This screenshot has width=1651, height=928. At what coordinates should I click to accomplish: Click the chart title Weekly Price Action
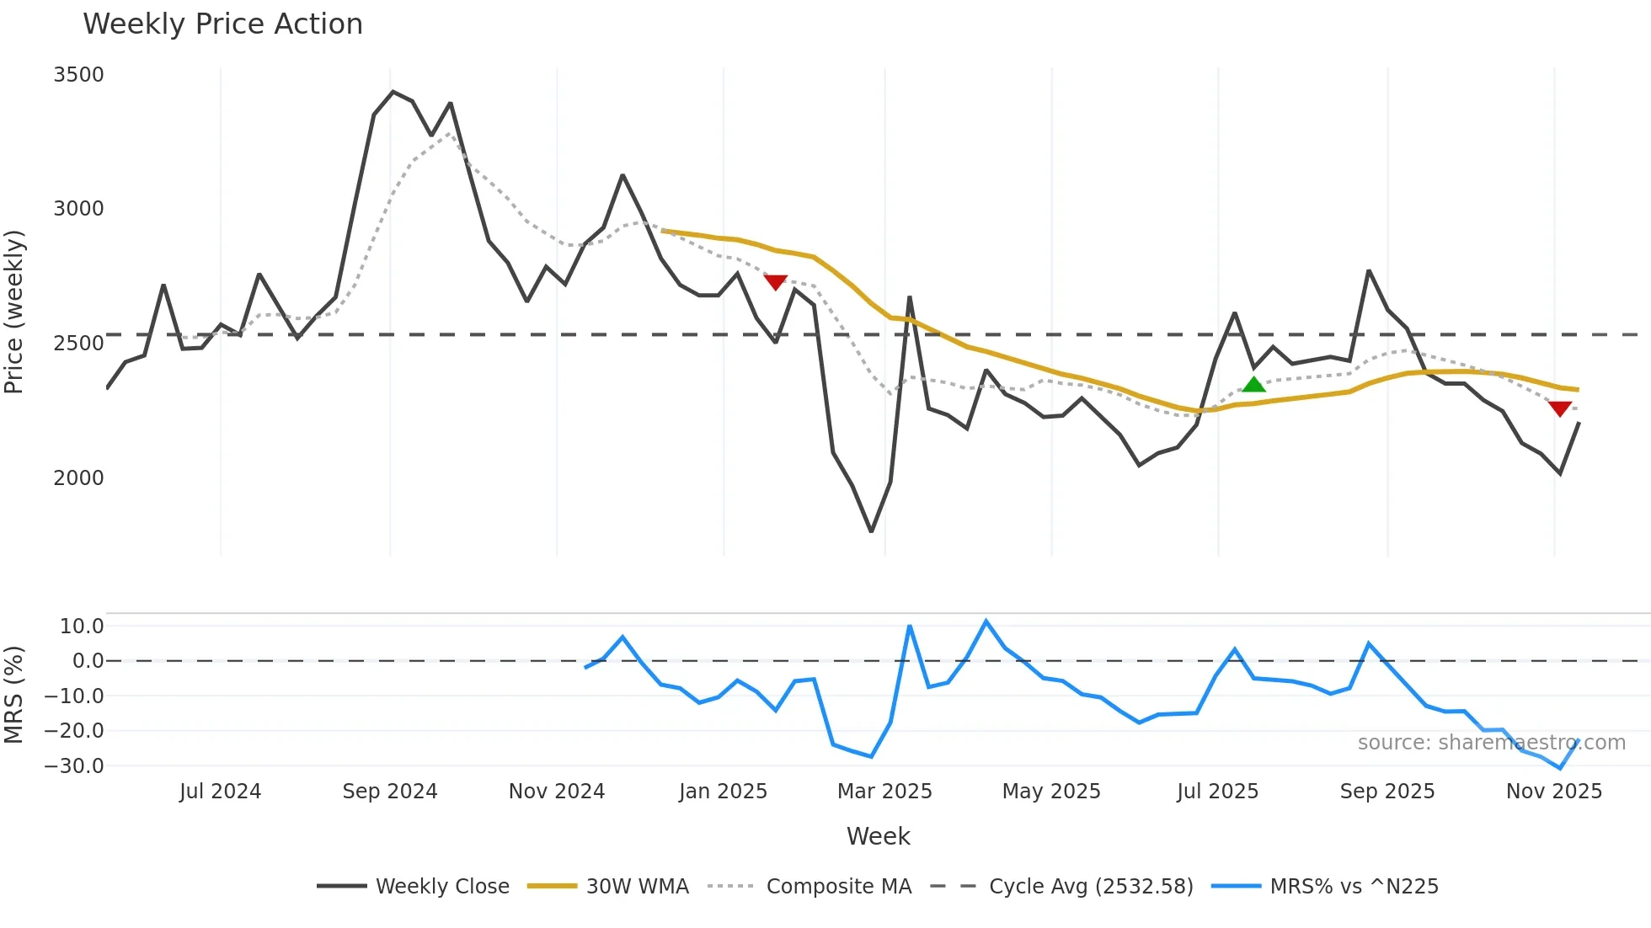click(x=222, y=24)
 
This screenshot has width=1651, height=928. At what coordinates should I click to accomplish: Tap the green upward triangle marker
click(x=1253, y=385)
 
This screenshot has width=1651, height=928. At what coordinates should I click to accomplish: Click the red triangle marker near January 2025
click(x=775, y=282)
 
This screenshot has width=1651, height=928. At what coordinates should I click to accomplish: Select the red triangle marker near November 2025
click(x=1559, y=408)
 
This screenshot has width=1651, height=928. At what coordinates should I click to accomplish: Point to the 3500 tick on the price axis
click(x=78, y=75)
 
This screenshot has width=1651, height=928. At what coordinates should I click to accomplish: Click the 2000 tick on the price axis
click(x=78, y=478)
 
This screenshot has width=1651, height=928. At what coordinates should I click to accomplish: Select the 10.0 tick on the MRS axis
click(x=82, y=627)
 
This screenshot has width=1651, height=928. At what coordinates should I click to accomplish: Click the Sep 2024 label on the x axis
click(x=389, y=792)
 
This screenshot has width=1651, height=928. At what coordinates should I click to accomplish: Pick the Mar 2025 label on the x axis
click(x=884, y=792)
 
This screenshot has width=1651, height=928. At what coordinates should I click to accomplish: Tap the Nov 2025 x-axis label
click(x=1553, y=792)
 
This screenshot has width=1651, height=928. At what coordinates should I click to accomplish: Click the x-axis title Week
click(x=878, y=836)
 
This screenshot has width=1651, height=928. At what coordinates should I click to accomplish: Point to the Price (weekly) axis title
click(x=14, y=312)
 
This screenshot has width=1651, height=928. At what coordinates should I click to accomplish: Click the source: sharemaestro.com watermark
click(x=1491, y=743)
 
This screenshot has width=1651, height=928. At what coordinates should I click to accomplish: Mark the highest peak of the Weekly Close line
click(x=393, y=92)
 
